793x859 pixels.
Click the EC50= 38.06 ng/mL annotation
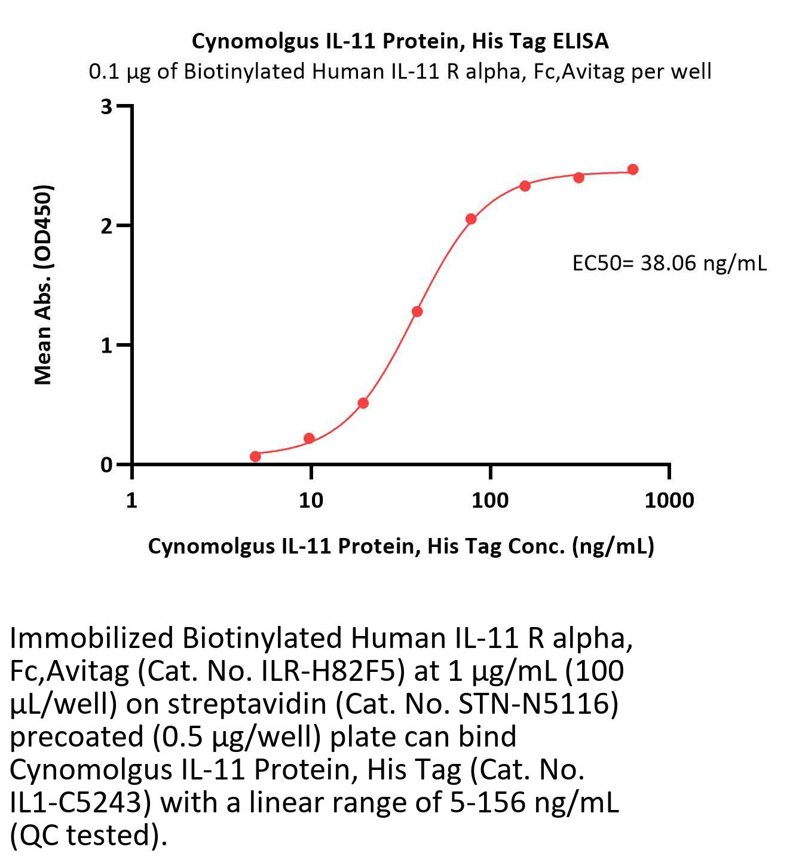tap(669, 263)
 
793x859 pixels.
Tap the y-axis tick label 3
tap(107, 107)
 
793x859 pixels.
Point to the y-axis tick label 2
tap(107, 226)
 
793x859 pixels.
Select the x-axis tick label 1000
tap(669, 500)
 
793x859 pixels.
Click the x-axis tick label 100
tap(490, 500)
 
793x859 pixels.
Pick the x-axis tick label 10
tap(311, 500)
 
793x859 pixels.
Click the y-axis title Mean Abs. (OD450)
tap(44, 284)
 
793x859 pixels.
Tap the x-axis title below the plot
tap(401, 546)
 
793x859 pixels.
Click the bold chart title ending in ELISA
tap(400, 41)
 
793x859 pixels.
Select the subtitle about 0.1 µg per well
tap(400, 72)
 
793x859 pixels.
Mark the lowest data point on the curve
tap(255, 457)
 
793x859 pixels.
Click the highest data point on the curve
tap(633, 170)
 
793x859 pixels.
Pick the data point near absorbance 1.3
tap(417, 311)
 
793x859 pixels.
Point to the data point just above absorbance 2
tap(471, 219)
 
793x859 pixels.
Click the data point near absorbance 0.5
tap(363, 403)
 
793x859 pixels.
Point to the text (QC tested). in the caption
tap(88, 835)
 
